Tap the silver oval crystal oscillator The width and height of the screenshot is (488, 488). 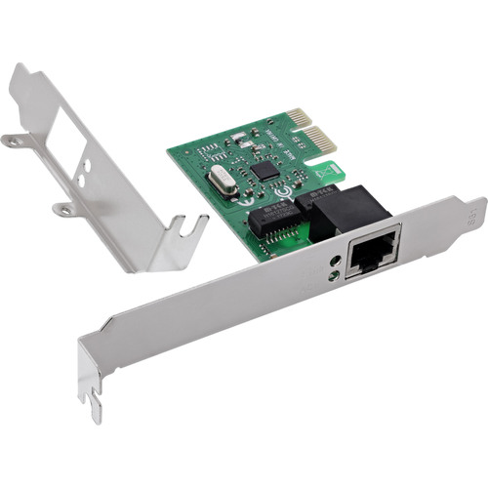222,184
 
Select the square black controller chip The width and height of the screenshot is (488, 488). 264,169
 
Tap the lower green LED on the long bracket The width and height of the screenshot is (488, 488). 335,275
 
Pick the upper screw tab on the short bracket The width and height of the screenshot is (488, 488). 14,141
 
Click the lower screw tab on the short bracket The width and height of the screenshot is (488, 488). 64,208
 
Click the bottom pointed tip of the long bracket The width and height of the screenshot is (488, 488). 97,415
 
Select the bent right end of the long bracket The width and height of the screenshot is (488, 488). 474,210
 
